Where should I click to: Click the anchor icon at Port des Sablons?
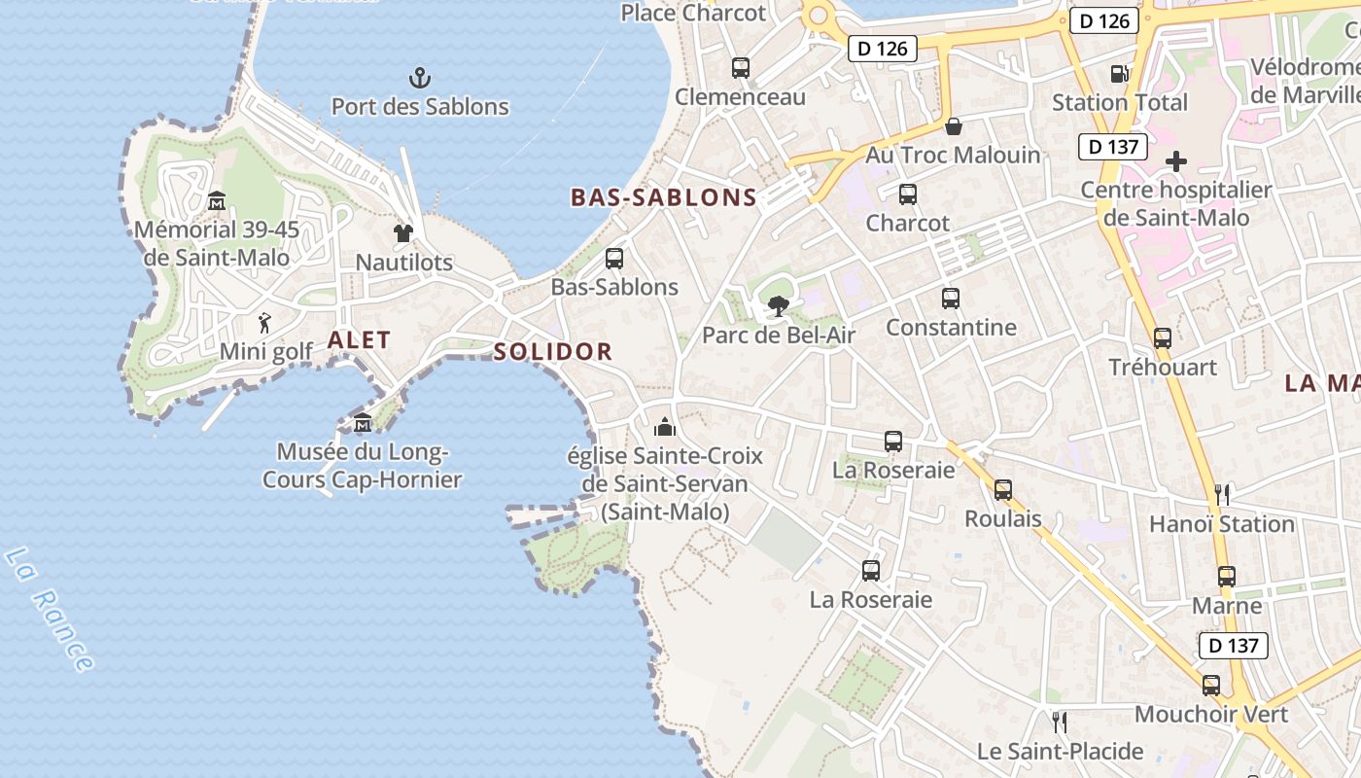click(420, 77)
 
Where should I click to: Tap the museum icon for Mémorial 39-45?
click(217, 201)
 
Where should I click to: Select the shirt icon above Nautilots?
click(403, 232)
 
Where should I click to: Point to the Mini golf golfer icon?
click(264, 322)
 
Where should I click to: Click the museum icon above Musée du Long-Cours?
click(363, 423)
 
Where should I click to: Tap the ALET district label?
click(359, 340)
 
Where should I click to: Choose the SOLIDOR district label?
click(552, 352)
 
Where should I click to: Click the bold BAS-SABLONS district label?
click(663, 197)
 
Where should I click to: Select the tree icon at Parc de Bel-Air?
click(778, 306)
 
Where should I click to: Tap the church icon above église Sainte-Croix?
click(665, 426)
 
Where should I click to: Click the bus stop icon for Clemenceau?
click(741, 68)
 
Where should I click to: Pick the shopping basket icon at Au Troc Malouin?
click(953, 125)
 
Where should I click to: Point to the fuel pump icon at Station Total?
click(1119, 73)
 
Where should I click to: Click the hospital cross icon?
click(1176, 160)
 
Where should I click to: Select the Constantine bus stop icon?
click(951, 299)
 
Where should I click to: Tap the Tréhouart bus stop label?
click(1163, 367)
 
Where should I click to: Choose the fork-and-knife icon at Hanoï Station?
click(1222, 495)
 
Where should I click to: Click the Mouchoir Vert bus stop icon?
click(1211, 686)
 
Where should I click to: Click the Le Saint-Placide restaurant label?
click(1061, 751)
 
